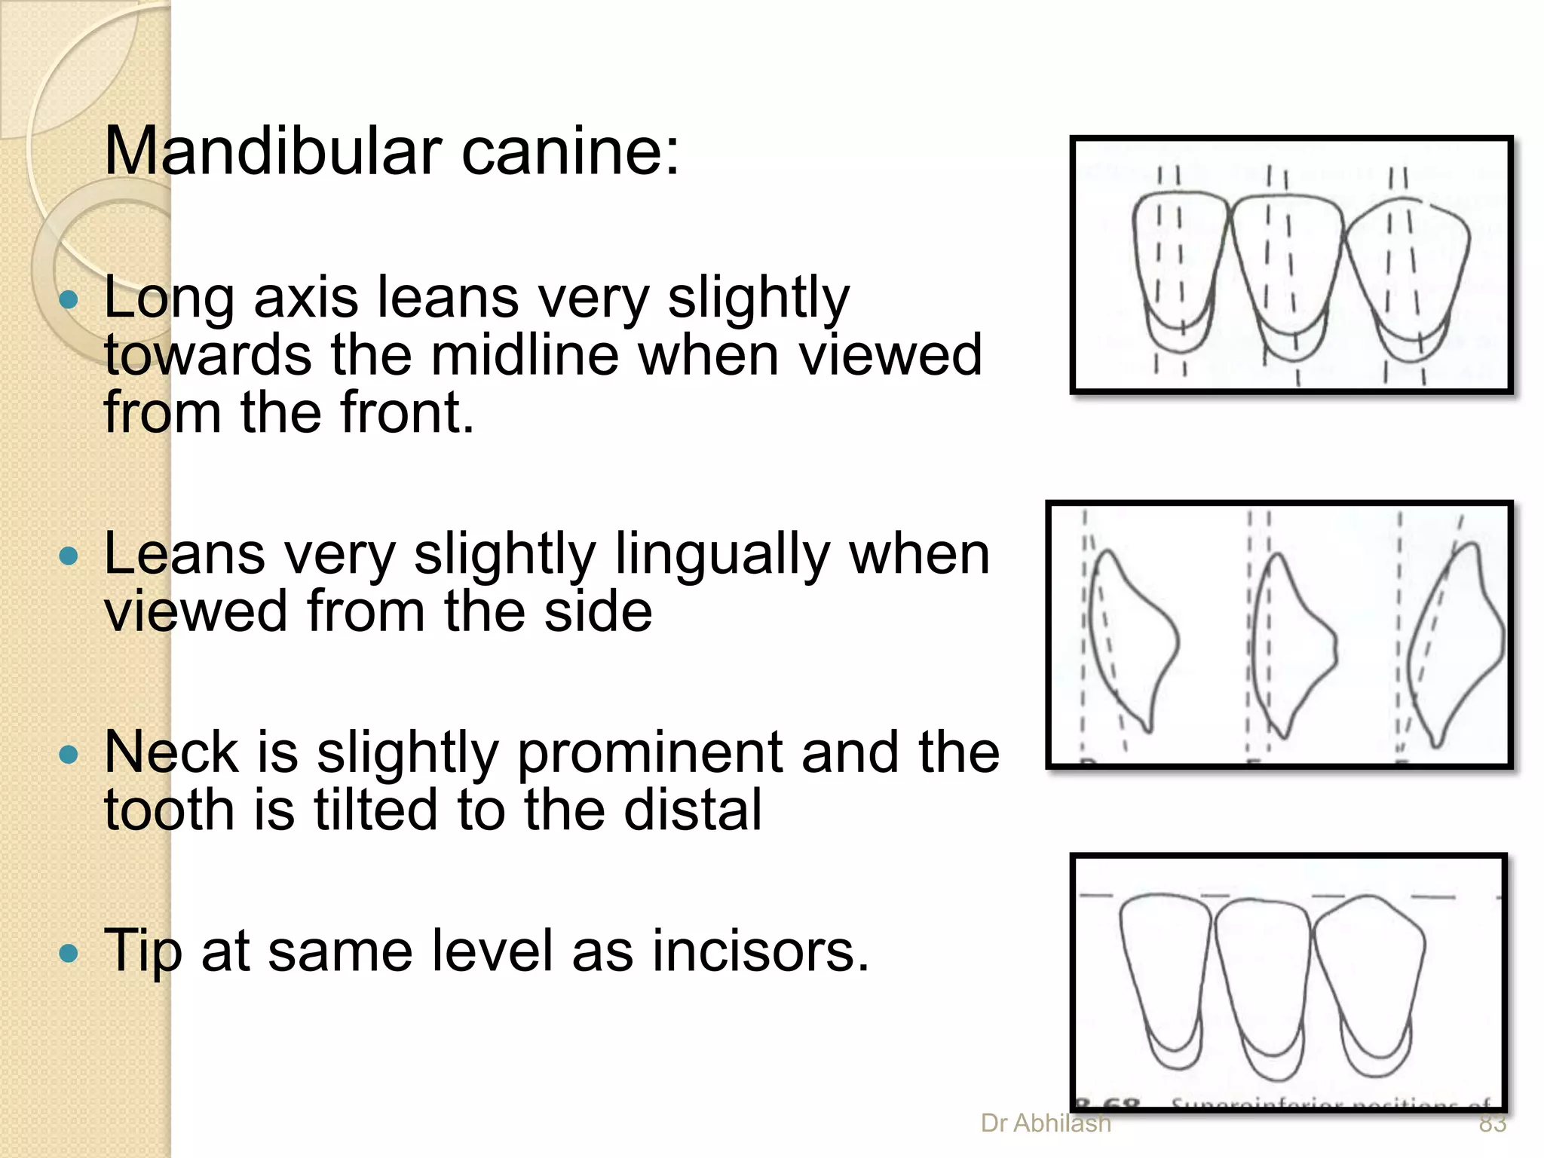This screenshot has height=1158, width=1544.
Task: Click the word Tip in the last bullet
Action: (142, 951)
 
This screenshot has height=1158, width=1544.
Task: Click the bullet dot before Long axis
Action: (69, 300)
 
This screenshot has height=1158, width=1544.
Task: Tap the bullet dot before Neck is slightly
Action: (69, 755)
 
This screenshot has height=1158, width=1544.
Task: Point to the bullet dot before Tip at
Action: (69, 954)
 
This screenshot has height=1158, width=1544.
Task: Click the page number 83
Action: (1492, 1123)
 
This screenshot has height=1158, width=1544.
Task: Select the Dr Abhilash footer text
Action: (1046, 1123)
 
